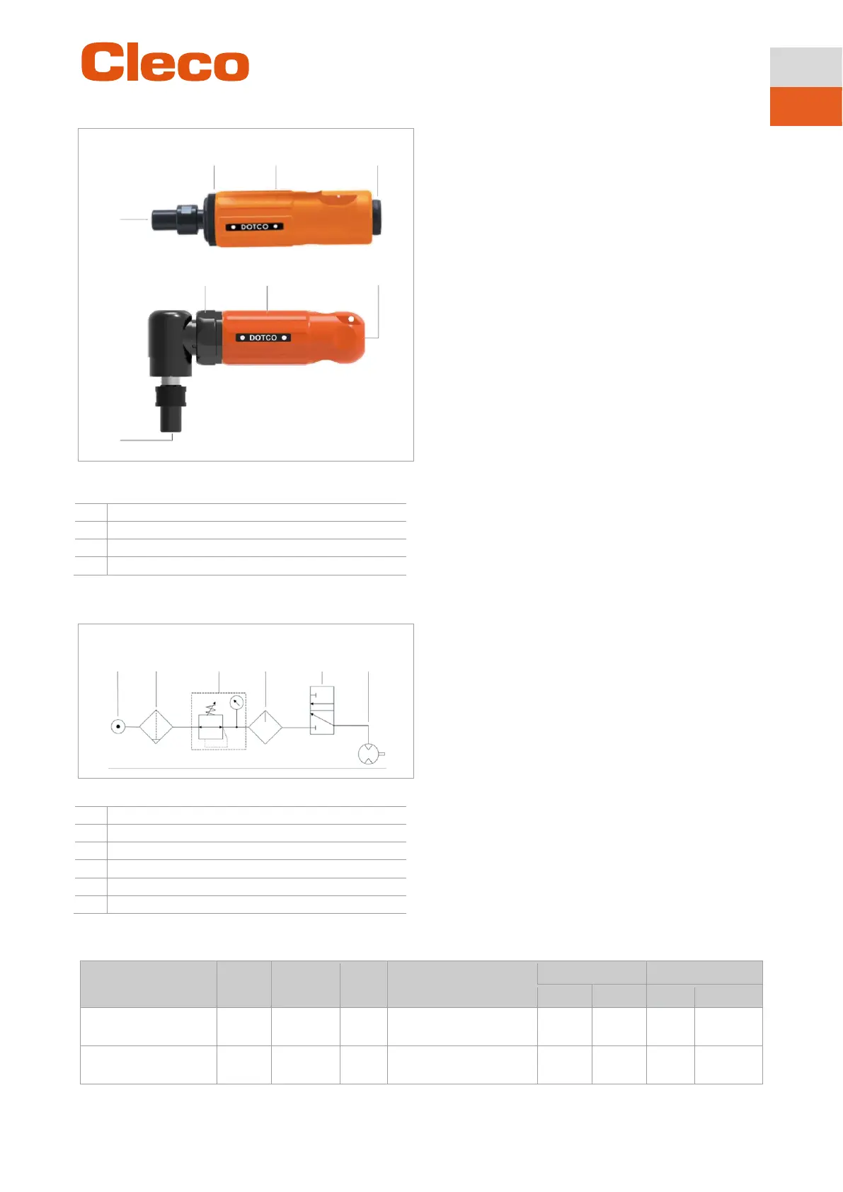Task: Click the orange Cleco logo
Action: (x=165, y=62)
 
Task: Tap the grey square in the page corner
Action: (x=805, y=67)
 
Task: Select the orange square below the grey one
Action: (x=805, y=106)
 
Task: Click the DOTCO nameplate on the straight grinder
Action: (x=254, y=227)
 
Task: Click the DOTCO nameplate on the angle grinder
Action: (x=263, y=338)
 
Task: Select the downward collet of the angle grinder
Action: (x=171, y=408)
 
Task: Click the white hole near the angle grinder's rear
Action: (x=351, y=319)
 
